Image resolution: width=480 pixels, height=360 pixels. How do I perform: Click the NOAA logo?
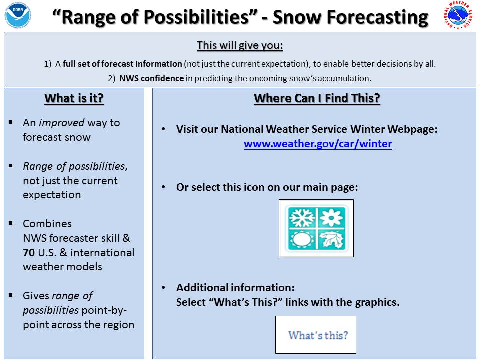coord(18,15)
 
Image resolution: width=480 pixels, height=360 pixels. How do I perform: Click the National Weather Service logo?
coord(458,15)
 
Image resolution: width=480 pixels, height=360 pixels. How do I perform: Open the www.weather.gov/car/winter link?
coord(318,144)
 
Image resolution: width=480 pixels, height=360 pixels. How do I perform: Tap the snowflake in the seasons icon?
coord(302,218)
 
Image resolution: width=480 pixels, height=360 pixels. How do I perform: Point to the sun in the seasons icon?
coord(302,239)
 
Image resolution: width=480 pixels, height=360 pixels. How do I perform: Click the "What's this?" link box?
coord(316,335)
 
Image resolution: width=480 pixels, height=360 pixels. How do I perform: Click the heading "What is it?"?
coord(74,98)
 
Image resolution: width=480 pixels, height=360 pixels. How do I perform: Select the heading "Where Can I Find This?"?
coord(317,98)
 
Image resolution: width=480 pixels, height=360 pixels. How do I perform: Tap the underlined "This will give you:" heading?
coord(240,45)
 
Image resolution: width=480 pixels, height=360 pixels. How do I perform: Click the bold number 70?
coord(29,253)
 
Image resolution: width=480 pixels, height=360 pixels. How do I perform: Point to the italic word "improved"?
coord(62,123)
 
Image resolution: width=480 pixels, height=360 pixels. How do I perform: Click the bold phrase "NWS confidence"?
coord(152,78)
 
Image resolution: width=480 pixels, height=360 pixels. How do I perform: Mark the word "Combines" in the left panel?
coord(47,224)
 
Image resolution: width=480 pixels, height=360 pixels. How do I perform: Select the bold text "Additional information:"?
coord(235,288)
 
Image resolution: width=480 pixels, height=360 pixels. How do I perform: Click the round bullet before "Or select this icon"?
coord(164,187)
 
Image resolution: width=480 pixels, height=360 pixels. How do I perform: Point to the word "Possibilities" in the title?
coord(196,17)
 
